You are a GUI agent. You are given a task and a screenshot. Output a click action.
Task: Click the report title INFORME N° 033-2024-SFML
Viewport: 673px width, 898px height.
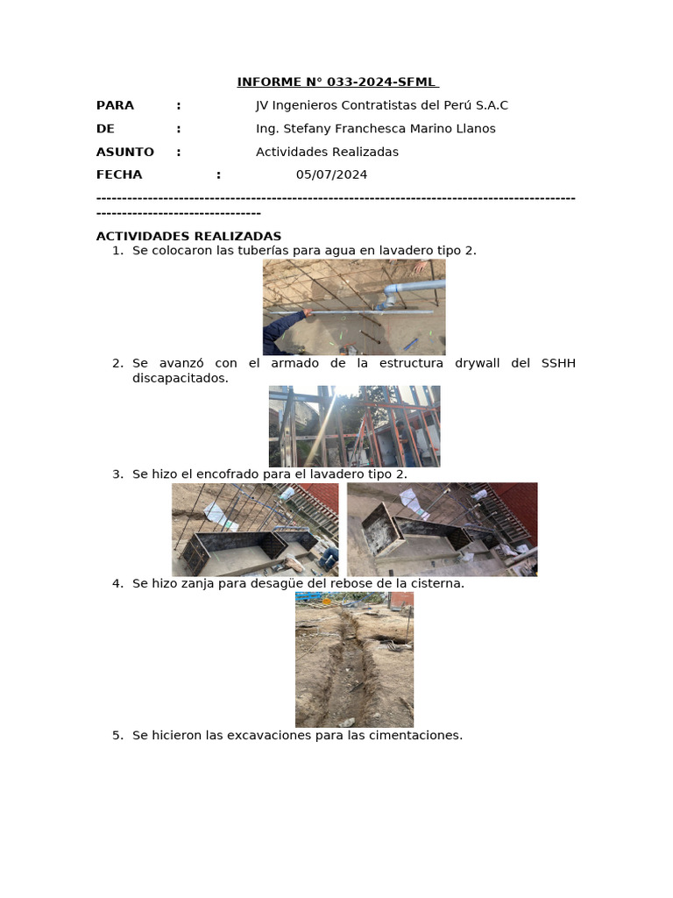point(337,82)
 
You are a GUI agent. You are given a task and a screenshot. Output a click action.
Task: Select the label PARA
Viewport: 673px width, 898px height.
point(115,105)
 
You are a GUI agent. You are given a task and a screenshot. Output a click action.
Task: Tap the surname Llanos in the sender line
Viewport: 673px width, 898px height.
point(473,129)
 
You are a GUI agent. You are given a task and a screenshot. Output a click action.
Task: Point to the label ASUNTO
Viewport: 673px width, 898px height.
point(124,152)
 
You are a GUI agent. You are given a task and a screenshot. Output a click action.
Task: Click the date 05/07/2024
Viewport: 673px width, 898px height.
point(331,175)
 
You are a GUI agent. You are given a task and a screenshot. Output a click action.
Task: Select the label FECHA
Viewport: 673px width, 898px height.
point(118,175)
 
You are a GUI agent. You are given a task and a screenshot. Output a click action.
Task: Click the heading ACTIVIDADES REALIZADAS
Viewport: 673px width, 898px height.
point(188,236)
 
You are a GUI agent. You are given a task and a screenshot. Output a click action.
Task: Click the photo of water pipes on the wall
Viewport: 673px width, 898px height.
point(354,307)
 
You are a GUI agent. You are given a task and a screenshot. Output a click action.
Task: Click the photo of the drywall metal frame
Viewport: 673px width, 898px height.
point(354,426)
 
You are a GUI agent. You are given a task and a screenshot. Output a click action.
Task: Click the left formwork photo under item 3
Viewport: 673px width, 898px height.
point(255,529)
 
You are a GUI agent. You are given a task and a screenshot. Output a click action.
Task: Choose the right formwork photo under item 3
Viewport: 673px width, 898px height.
point(442,529)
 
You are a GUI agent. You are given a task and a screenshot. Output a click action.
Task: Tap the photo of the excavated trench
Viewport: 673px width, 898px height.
point(354,659)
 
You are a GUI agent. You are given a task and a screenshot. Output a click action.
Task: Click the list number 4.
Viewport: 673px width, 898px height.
point(117,583)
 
